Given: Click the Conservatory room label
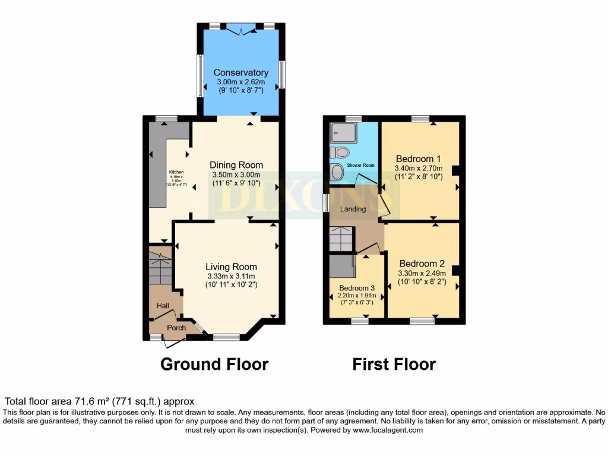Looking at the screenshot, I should (x=240, y=72).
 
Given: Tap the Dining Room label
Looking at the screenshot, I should (x=236, y=165).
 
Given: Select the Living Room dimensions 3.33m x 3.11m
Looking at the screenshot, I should (x=231, y=276).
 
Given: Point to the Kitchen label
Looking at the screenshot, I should (x=176, y=172).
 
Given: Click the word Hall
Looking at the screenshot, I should (x=163, y=306).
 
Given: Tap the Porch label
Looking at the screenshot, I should (x=176, y=328).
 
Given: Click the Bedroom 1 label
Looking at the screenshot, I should (x=418, y=159).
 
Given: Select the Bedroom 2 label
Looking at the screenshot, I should (x=422, y=264).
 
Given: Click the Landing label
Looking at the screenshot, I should (x=353, y=209).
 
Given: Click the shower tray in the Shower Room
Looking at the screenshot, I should (x=343, y=131).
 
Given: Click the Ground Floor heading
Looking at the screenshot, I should (x=214, y=364).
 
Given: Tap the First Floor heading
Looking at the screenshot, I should (x=394, y=364).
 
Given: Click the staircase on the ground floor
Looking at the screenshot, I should (x=159, y=267).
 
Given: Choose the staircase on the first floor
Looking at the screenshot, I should (x=341, y=239).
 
